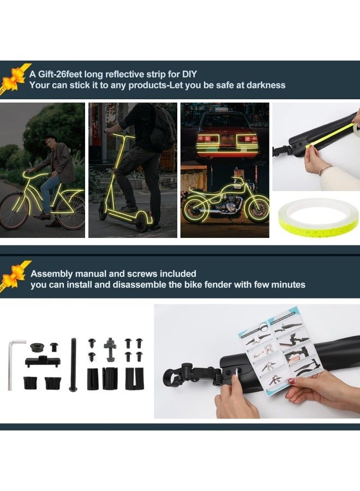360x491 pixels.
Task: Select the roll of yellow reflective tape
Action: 316,217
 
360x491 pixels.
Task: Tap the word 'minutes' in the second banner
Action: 287,284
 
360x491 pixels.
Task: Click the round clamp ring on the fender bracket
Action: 173,376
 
